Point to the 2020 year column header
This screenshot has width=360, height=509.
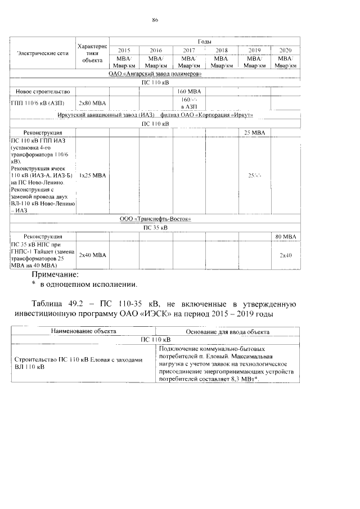point(285,49)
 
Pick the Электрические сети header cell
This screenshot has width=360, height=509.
point(43,53)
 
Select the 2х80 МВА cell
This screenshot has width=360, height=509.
point(92,103)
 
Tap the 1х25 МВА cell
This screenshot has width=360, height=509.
point(92,175)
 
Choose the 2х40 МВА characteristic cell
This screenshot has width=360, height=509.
point(92,255)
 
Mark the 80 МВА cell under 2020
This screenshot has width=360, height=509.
point(285,236)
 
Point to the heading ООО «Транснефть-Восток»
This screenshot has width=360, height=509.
point(155,219)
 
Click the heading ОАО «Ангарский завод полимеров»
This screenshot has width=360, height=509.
point(155,74)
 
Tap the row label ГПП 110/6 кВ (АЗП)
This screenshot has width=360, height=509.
point(37,103)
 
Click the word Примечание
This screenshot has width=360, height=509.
point(55,274)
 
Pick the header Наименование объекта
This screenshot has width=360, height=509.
point(83,331)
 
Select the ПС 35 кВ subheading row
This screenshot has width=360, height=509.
point(155,228)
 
